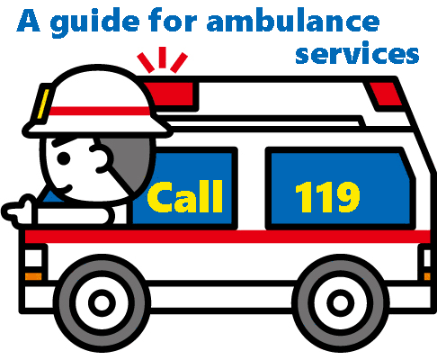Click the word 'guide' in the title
point(94,22)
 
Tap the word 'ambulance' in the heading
point(293,20)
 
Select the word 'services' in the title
point(357,53)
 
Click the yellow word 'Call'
point(185,196)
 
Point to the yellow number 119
point(327,196)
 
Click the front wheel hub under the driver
point(102,302)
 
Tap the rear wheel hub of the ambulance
point(340,302)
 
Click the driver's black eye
point(64,158)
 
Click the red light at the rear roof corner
point(386,94)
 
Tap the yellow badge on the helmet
point(43,103)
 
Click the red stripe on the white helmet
point(99,111)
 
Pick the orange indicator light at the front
point(33,276)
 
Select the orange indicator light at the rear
point(427,276)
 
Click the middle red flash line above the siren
point(163,58)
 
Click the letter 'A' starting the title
point(29,20)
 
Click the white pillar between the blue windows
point(252,187)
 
